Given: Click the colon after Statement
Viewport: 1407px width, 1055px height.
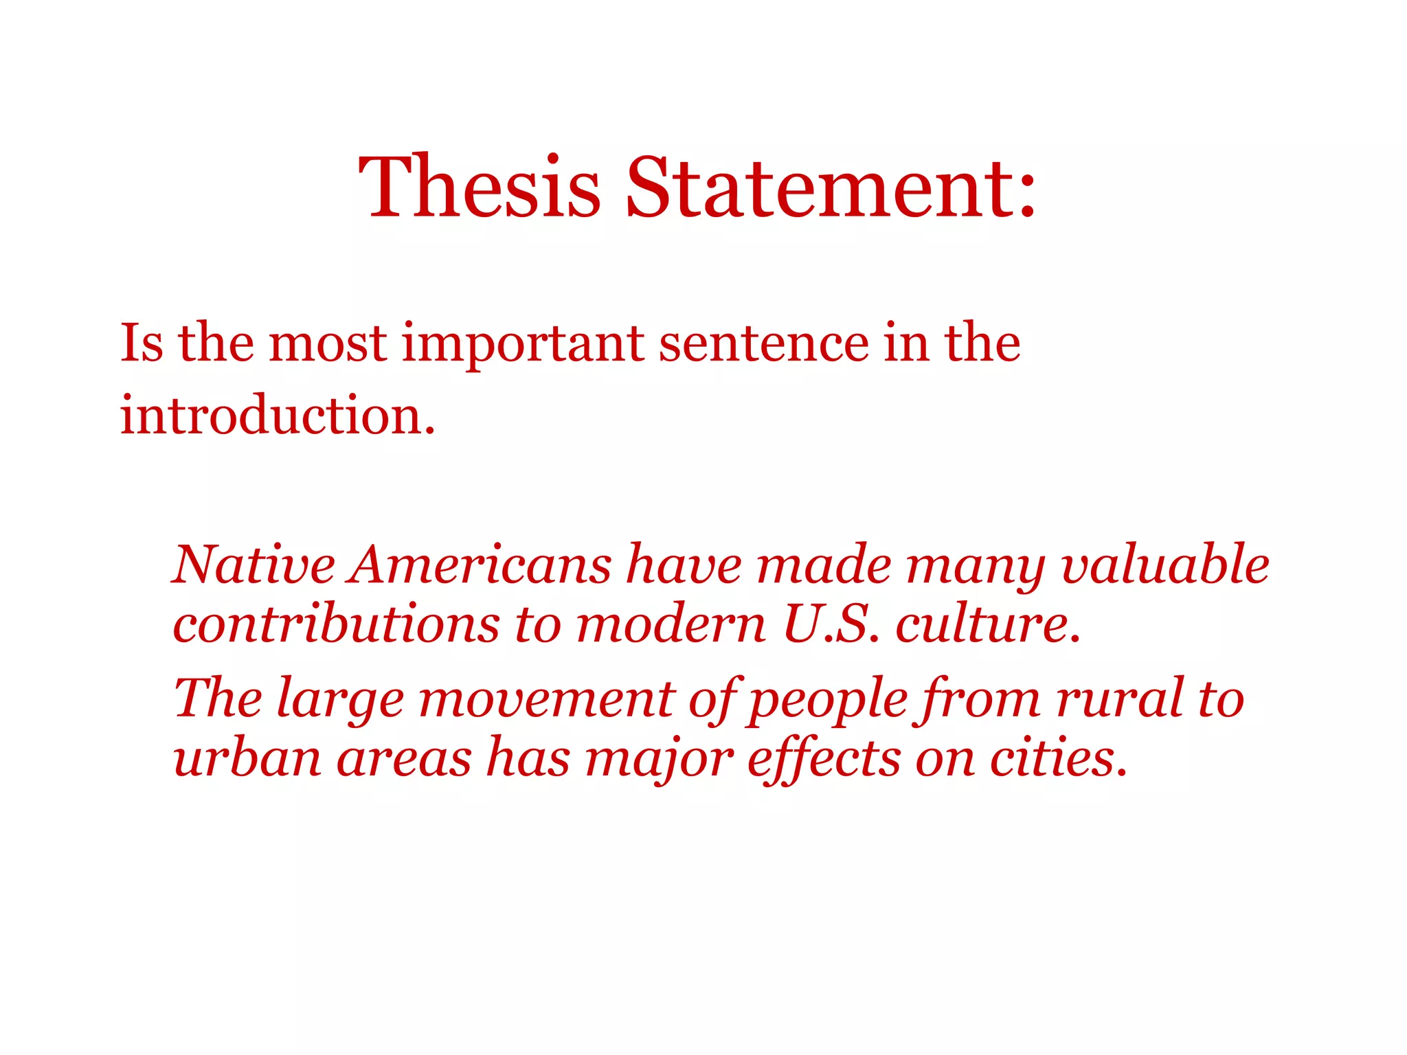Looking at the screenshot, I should coord(1026,196).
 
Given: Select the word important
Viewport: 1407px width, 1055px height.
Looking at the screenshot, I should coord(523,343).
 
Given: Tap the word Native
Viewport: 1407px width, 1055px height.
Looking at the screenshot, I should coord(254,565).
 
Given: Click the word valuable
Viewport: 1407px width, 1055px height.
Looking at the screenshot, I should coord(1165,565).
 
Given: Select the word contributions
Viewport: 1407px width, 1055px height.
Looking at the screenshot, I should coord(336,624).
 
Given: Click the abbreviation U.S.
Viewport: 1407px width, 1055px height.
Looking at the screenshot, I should coord(831,624).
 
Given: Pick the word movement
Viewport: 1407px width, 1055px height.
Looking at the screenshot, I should coord(547,699).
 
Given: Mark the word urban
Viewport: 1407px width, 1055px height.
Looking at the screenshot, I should coord(247,758).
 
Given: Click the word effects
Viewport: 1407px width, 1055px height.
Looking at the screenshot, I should coord(824,758).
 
